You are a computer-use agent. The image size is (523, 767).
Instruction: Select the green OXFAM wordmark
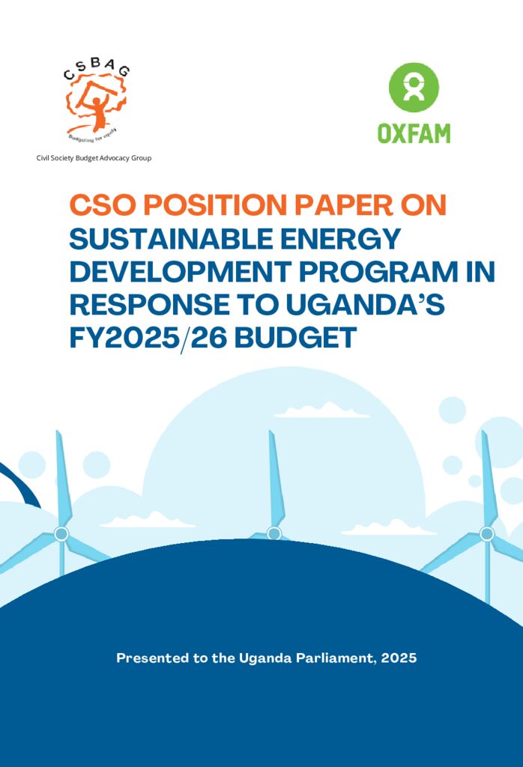click(413, 134)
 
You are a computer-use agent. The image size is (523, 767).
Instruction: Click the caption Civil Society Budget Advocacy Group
click(94, 158)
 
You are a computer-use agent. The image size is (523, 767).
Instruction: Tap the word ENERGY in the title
click(342, 239)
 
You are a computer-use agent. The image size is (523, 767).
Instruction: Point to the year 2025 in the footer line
click(399, 658)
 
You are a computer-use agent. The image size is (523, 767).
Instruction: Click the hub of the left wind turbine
click(61, 533)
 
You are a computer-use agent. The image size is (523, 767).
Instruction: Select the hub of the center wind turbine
click(274, 533)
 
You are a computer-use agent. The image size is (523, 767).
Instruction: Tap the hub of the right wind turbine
click(486, 533)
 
